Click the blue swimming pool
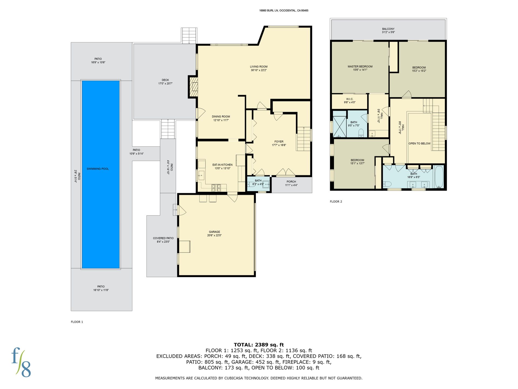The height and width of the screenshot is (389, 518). [101, 174]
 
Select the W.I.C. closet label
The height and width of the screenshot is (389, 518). [350, 99]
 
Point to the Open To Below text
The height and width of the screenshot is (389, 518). [420, 143]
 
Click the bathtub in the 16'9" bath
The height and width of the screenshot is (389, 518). [439, 177]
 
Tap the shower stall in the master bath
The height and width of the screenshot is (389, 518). [339, 126]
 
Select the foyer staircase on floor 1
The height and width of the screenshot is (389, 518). [304, 139]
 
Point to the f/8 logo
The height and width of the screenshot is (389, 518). [21, 362]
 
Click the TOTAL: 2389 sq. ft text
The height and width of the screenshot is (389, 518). [259, 345]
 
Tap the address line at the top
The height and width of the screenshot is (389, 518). [284, 11]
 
